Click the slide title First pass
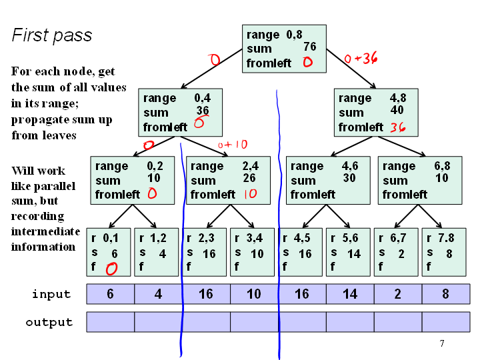52,35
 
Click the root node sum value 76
310,47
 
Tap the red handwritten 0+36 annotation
361,57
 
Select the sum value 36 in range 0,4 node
203,110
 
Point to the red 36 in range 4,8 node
398,127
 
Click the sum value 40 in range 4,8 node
397,110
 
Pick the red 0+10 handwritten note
233,145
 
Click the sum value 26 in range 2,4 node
249,178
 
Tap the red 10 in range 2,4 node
251,194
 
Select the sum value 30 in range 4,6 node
349,178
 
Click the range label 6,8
442,166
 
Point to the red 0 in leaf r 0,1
111,269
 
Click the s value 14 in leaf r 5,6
354,254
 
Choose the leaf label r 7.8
440,238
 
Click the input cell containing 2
398,294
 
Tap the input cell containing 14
350,294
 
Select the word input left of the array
51,295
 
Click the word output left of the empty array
49,322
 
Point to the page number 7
442,343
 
